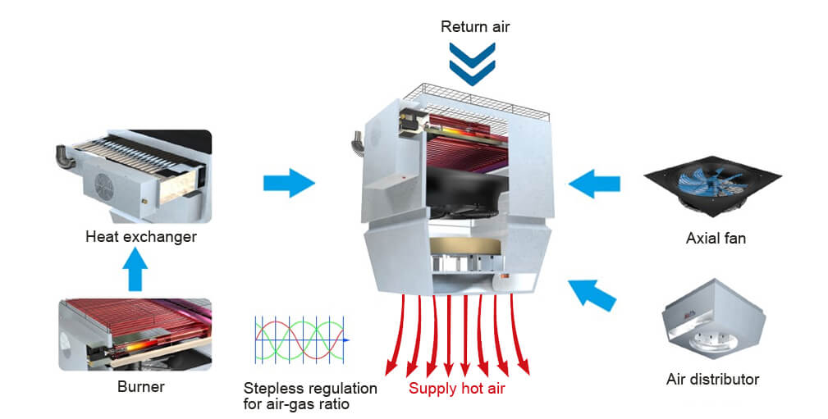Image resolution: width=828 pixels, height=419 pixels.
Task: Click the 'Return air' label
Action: (475, 26)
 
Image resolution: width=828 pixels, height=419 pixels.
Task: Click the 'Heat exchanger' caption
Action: (141, 238)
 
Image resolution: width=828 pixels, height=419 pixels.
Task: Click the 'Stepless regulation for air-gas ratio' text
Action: (310, 395)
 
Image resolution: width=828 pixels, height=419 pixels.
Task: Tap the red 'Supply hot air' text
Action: (456, 389)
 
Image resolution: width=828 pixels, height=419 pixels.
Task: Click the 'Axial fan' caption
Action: (716, 239)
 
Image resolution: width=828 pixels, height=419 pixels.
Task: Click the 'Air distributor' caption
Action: (712, 380)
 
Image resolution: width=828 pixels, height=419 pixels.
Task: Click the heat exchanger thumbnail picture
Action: (135, 176)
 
